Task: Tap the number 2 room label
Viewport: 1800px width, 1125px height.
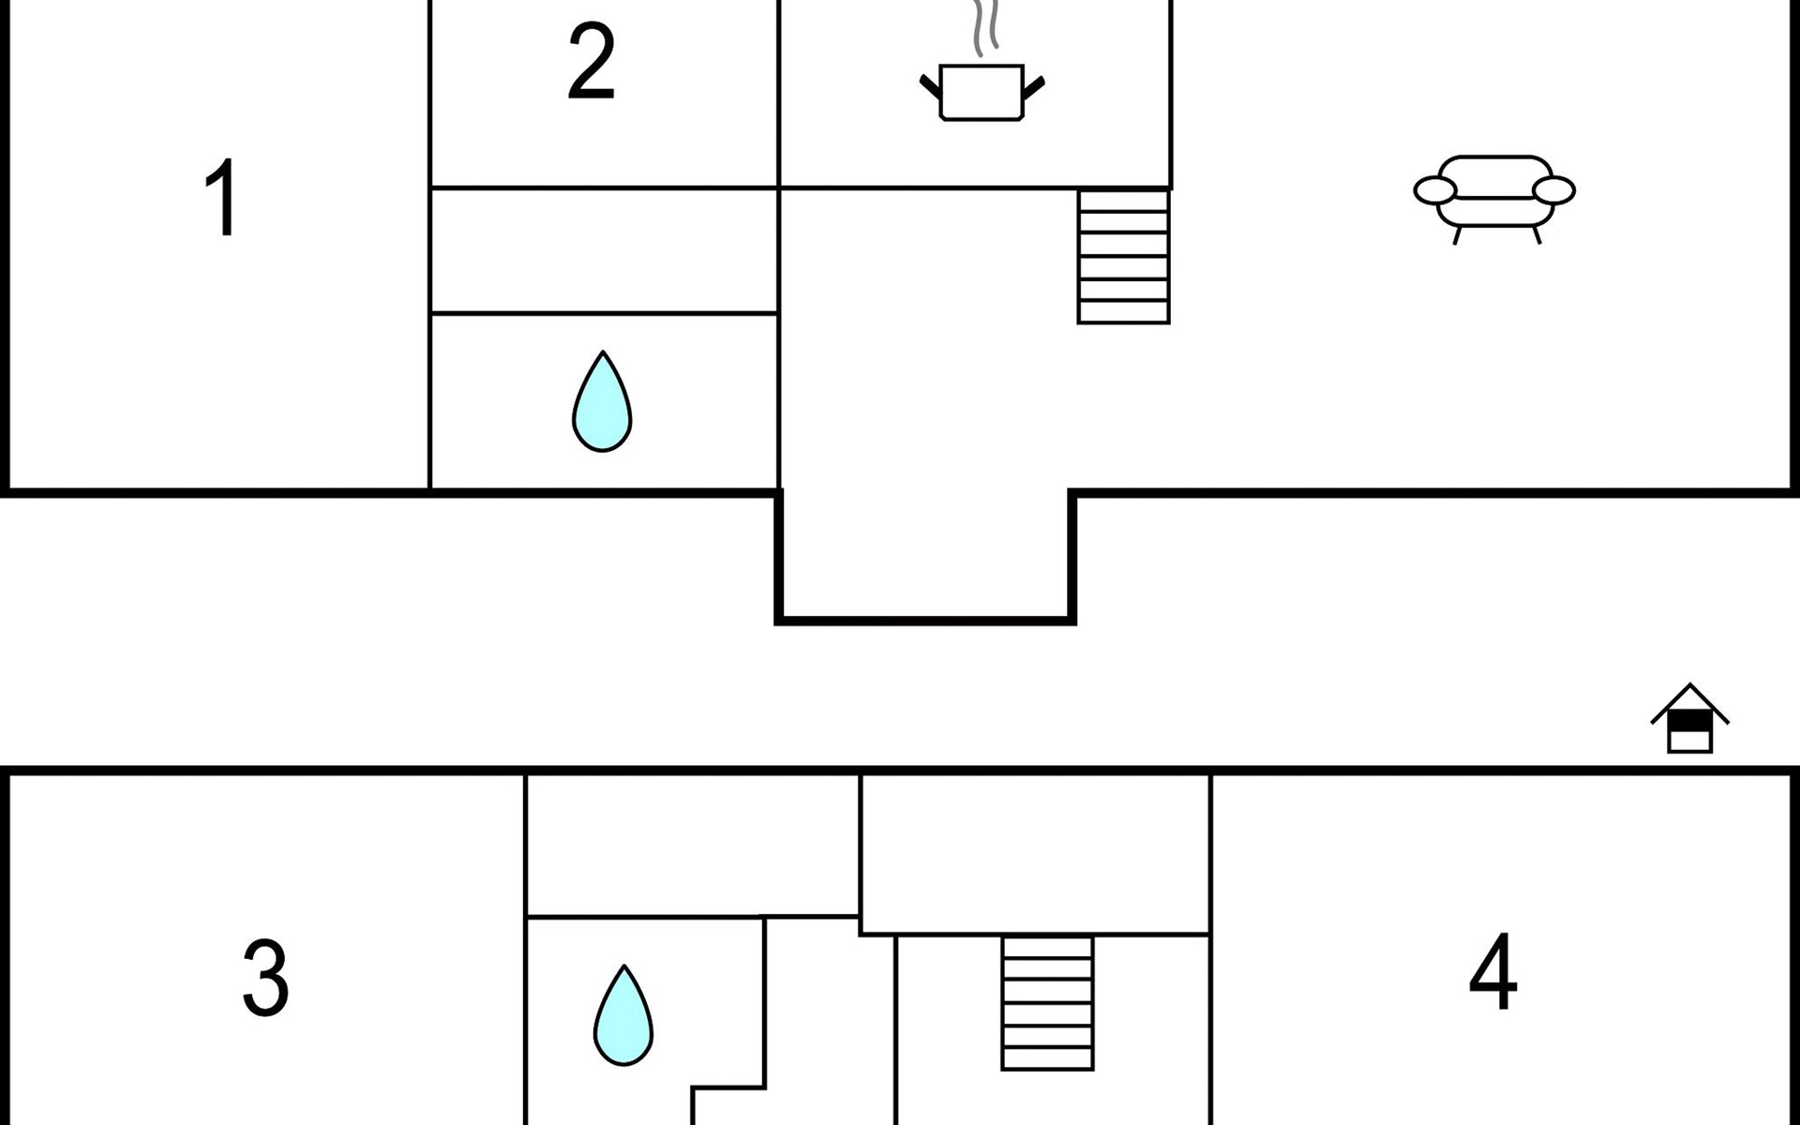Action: click(x=592, y=61)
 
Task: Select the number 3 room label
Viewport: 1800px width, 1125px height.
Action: click(x=265, y=978)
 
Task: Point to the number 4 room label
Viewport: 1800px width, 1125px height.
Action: click(x=1492, y=971)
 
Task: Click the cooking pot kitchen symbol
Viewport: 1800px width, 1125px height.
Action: click(x=982, y=92)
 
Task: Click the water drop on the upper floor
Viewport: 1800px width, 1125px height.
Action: click(x=602, y=401)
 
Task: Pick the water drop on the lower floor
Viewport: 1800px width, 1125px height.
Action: click(x=623, y=1015)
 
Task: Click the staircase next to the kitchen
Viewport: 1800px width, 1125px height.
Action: click(x=1123, y=256)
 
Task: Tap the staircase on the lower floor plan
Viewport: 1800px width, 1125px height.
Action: click(x=1047, y=1002)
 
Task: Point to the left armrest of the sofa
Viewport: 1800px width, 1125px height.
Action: click(x=1434, y=190)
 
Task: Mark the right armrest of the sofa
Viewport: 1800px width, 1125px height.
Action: click(x=1554, y=190)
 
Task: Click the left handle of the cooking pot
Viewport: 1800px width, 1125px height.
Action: click(x=930, y=86)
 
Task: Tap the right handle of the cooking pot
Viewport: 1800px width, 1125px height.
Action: click(x=1033, y=88)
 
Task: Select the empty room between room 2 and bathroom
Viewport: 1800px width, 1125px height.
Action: click(x=604, y=250)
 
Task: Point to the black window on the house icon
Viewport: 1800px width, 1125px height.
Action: click(x=1690, y=721)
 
